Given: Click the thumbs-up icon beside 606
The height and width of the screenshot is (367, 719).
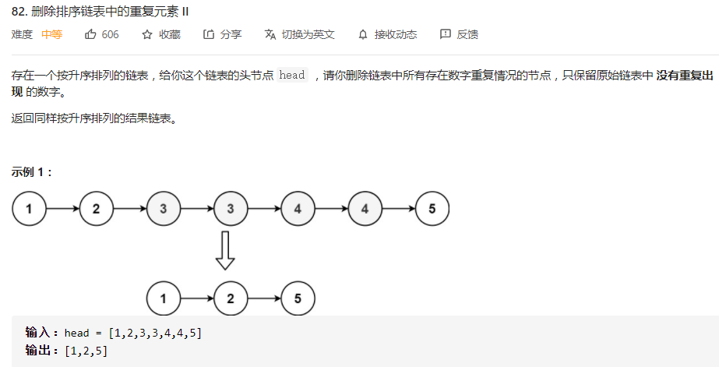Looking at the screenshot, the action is [90, 34].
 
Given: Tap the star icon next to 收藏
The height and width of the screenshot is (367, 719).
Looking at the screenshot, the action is [147, 34].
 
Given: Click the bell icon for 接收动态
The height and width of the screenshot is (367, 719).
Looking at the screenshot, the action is [362, 34].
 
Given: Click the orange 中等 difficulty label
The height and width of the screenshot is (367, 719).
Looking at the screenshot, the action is [52, 34].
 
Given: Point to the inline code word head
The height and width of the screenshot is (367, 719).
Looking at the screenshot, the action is [292, 76].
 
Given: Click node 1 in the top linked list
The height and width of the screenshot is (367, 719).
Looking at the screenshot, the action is [29, 209].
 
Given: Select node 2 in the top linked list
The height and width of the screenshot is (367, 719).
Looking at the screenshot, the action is [96, 209].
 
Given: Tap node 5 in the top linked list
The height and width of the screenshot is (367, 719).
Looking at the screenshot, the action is [432, 209].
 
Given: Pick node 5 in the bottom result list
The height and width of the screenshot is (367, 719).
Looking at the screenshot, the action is [298, 297].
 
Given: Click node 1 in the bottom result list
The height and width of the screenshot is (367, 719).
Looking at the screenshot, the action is [163, 297].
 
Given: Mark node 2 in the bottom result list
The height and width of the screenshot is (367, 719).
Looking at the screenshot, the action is [231, 297].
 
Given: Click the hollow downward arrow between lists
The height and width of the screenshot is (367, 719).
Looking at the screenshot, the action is [225, 250].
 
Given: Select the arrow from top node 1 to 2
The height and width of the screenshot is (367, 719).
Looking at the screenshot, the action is [62, 209].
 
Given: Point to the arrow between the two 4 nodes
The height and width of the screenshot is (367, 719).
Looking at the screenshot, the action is [331, 209].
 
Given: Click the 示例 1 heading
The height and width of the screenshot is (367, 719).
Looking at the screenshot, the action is [31, 172].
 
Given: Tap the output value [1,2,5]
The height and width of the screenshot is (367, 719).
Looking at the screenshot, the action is [86, 351].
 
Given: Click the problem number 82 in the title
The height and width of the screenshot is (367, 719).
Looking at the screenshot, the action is [19, 11].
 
